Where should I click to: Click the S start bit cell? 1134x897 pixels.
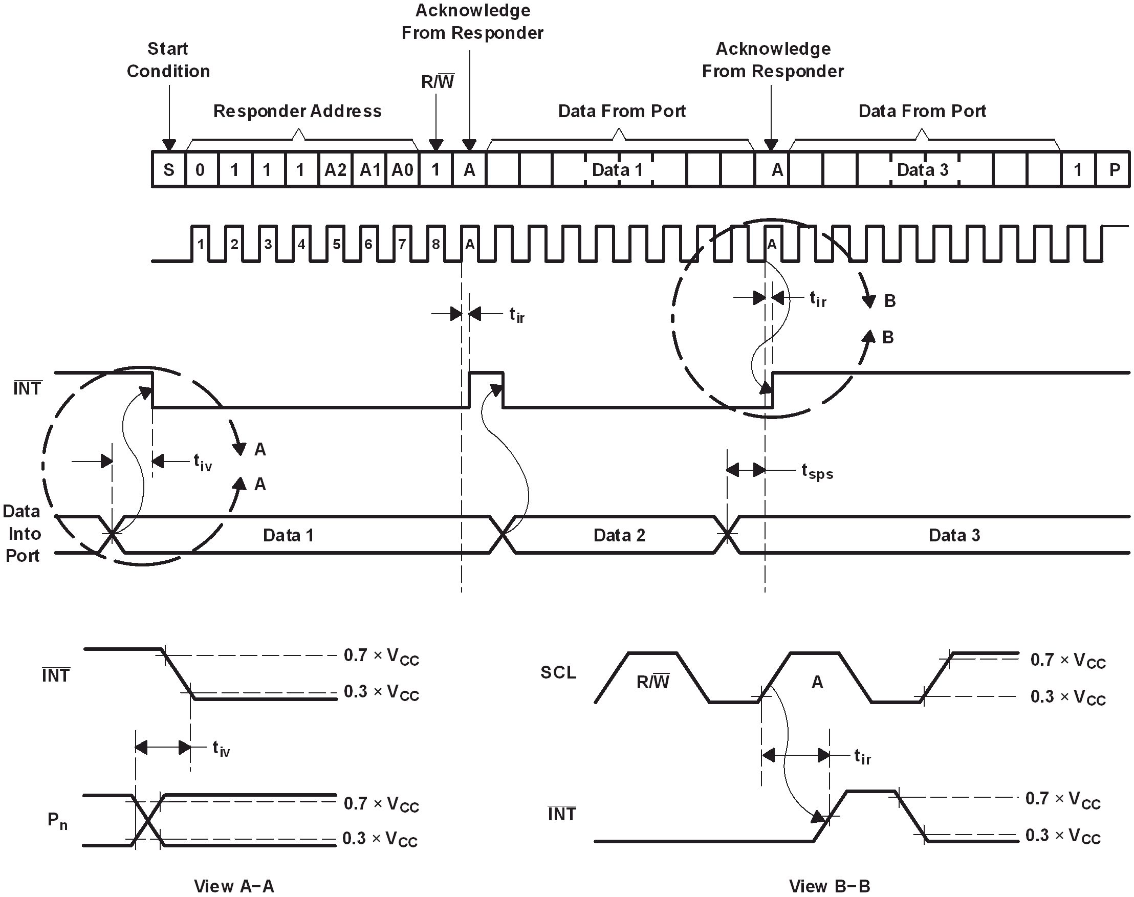coord(168,170)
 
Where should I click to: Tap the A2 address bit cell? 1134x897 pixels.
coord(335,170)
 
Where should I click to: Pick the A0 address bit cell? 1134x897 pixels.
coord(402,170)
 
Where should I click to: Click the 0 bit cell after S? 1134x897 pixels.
coord(200,170)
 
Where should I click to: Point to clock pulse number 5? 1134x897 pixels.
coord(336,244)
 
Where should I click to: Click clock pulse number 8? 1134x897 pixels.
coord(435,244)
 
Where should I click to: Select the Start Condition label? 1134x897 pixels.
coord(168,60)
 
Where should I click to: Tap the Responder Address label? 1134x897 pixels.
coord(297,111)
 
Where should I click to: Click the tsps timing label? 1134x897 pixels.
coord(817,471)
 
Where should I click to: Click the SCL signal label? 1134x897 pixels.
coord(558,672)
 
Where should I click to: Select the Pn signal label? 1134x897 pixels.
coord(57,821)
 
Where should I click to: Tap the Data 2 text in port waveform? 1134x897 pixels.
coord(619,535)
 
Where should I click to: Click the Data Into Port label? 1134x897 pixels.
coord(22,534)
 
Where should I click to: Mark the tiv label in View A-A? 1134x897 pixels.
coord(221,748)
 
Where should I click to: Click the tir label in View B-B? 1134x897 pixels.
coord(862,757)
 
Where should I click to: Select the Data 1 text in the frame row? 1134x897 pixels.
coord(617,170)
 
